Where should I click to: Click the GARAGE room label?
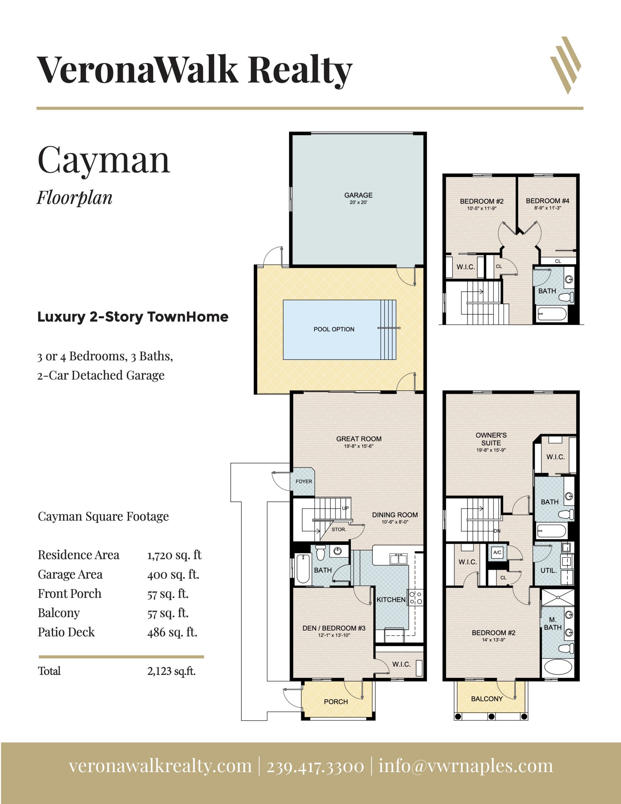coord(358,195)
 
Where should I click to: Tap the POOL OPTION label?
coord(334,329)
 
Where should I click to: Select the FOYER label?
coord(304,481)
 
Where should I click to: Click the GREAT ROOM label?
coord(359,438)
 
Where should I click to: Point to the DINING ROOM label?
coord(395,515)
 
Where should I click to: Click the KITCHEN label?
coord(391,599)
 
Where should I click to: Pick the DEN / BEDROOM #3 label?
coord(334,628)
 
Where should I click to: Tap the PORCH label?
coord(336,701)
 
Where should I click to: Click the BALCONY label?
coord(487,698)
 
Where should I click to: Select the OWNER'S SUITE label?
coord(491,439)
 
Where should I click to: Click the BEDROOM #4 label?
coord(548,201)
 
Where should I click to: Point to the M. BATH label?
coord(553,623)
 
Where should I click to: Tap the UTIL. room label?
coord(548,570)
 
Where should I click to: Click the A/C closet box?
coord(497,552)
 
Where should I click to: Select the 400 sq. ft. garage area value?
coord(173,574)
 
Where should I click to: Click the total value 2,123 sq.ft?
coord(171,671)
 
